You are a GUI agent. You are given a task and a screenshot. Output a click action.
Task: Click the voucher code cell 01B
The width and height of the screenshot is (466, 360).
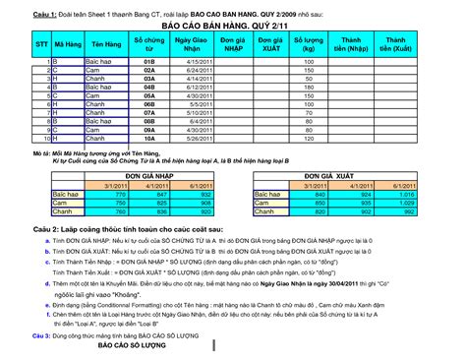tap(149, 61)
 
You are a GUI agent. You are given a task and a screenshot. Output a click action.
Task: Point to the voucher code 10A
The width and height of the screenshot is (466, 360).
tap(149, 139)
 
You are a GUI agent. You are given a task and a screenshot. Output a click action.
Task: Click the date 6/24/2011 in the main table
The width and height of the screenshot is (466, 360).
tap(200, 70)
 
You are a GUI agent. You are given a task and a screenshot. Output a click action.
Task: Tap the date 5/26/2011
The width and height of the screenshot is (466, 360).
tap(200, 139)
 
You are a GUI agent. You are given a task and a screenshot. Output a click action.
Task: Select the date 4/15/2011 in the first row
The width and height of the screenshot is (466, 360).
tap(200, 61)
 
